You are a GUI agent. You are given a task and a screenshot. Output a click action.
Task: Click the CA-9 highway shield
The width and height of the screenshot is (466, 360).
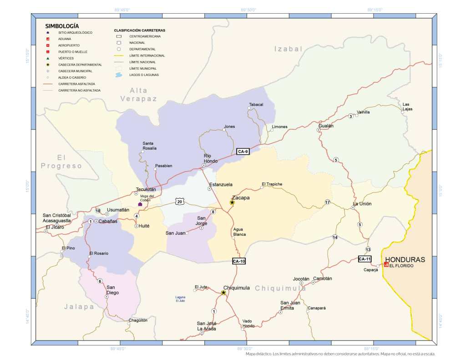click(243, 152)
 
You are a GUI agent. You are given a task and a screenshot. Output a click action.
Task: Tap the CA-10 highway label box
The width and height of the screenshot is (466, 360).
click(239, 261)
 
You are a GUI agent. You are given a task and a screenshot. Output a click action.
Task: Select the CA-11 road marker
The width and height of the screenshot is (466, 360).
click(365, 259)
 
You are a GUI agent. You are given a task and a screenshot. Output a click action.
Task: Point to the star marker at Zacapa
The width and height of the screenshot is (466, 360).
click(232, 203)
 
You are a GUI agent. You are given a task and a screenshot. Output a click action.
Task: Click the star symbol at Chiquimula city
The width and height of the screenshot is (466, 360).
click(223, 293)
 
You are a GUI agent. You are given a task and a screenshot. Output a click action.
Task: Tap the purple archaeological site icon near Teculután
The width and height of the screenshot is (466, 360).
click(140, 204)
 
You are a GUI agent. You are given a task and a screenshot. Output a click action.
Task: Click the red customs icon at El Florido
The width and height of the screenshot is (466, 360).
click(386, 264)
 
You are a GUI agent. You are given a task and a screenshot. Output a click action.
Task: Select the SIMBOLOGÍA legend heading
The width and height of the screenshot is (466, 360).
click(62, 26)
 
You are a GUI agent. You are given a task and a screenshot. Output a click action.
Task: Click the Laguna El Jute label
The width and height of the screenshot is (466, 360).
click(180, 299)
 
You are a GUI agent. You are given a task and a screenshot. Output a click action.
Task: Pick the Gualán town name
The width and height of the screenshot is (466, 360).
click(326, 126)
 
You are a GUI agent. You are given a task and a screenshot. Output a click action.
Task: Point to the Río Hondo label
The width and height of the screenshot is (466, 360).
click(210, 158)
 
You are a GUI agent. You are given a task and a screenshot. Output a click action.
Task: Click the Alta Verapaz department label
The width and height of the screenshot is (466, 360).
click(138, 94)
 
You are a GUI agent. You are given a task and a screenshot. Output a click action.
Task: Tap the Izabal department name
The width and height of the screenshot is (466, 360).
click(289, 49)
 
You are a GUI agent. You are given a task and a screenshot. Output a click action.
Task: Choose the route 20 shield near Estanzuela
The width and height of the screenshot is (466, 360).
click(180, 202)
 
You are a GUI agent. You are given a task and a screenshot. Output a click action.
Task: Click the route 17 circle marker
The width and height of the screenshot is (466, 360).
click(327, 202)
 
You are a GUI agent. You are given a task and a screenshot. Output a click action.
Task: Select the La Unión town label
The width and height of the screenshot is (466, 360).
click(362, 203)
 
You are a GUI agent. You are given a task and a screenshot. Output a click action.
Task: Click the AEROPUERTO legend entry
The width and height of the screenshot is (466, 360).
click(69, 46)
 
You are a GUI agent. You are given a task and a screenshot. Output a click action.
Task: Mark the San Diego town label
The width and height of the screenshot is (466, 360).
click(112, 290)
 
